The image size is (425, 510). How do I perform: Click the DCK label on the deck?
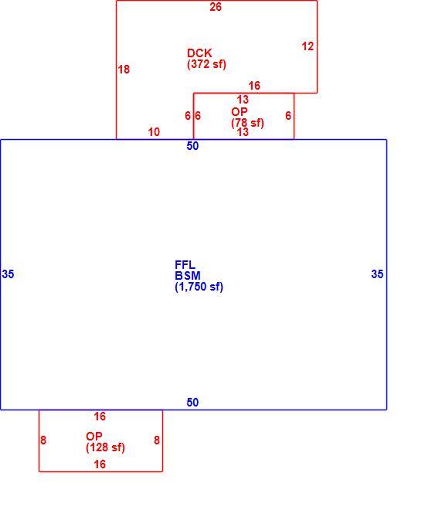click(199, 53)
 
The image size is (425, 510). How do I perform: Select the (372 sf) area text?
click(206, 64)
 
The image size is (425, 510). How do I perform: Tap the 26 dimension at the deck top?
click(216, 7)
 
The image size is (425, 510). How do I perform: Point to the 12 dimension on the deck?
click(308, 46)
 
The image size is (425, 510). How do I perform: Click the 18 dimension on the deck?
click(124, 70)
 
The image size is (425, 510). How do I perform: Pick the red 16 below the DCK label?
click(254, 86)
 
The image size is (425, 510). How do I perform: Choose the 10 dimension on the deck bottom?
click(154, 132)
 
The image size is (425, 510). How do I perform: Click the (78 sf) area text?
click(247, 123)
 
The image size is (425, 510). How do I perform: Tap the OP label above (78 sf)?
click(240, 112)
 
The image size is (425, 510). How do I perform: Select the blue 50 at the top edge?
click(192, 146)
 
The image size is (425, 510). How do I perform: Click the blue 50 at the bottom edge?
click(192, 403)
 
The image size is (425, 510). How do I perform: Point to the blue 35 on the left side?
click(8, 274)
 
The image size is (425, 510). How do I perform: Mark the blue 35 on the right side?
click(377, 274)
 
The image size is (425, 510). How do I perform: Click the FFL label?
click(185, 265)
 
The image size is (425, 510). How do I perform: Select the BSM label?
click(188, 276)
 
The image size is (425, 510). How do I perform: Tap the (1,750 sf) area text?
click(199, 287)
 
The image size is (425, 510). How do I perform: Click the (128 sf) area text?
click(105, 447)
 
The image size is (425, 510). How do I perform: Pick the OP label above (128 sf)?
click(94, 436)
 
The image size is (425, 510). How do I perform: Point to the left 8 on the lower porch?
click(43, 440)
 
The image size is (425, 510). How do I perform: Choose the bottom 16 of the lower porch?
click(100, 464)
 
